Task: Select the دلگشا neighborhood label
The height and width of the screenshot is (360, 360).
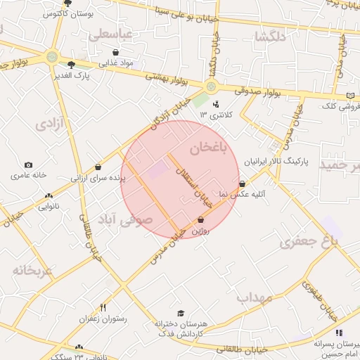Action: click(271, 37)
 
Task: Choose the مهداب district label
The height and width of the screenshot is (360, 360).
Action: click(254, 297)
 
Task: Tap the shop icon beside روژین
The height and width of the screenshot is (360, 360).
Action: click(201, 219)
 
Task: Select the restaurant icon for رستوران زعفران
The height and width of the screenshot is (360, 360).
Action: click(103, 307)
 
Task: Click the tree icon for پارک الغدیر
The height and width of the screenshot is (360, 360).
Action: click(71, 63)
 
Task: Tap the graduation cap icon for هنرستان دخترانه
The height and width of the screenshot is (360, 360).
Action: click(181, 314)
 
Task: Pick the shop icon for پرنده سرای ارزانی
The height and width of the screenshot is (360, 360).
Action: click(97, 167)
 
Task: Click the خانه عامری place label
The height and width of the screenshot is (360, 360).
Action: click(28, 174)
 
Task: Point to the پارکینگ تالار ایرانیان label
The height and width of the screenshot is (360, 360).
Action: click(278, 162)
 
